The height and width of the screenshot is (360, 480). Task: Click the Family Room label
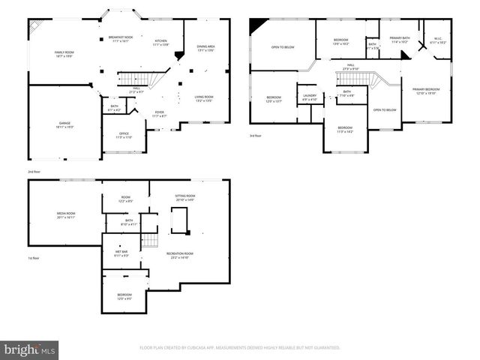(64, 53)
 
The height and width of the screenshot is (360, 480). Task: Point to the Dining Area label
(206, 49)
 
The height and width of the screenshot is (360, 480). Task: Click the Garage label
(64, 125)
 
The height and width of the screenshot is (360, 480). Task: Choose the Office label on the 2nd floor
(124, 136)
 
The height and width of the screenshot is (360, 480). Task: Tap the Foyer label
(159, 114)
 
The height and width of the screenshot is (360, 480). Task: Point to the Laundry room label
(310, 97)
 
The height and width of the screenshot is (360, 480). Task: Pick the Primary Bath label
(399, 40)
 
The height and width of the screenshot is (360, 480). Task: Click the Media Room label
(66, 215)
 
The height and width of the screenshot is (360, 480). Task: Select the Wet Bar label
(121, 253)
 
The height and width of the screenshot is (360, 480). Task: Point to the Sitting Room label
(184, 197)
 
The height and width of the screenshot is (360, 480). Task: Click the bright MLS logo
(29, 349)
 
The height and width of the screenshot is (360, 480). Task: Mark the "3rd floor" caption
(256, 135)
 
